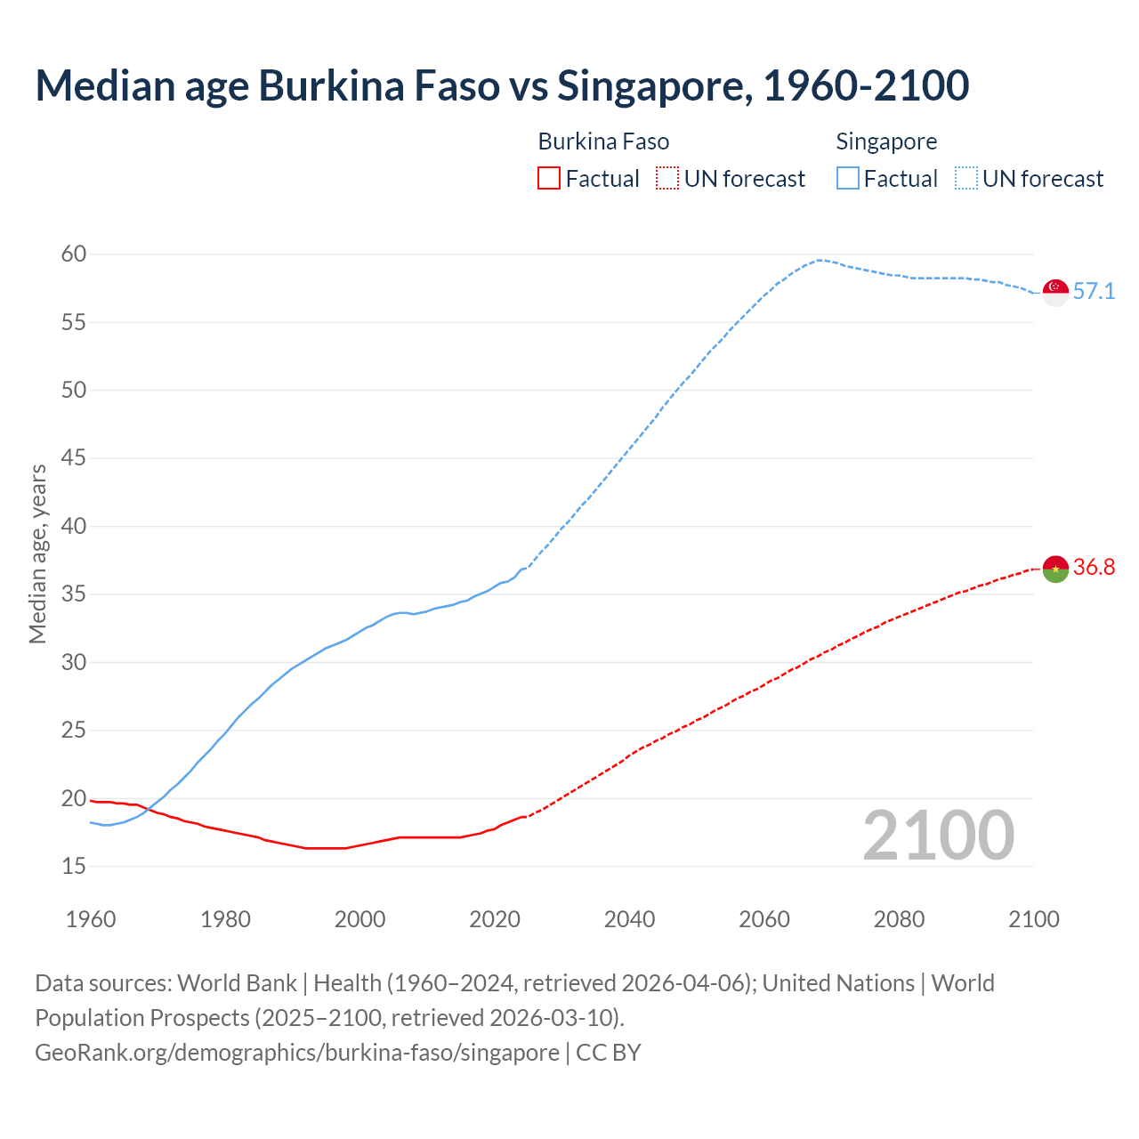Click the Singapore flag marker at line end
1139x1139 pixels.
coord(1055,292)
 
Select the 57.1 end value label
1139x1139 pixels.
coord(1094,292)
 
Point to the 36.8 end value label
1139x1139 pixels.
coord(1094,568)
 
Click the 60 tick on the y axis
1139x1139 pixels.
coord(74,254)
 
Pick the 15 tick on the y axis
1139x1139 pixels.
coord(74,866)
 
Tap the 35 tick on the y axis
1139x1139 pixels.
coord(74,594)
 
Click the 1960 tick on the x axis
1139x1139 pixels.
coord(91,919)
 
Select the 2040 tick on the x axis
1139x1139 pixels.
coord(629,919)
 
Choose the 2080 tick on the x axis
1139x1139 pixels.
coord(899,919)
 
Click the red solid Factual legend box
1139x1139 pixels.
coord(549,179)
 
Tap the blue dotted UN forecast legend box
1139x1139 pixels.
coord(966,179)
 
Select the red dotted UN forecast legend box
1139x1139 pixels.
coord(667,179)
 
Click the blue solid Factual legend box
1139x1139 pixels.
coord(848,179)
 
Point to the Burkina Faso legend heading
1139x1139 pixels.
coord(603,141)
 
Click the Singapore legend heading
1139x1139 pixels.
coord(886,141)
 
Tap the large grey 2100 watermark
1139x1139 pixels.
coord(938,836)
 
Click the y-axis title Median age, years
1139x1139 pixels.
coord(37,553)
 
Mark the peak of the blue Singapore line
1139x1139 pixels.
coord(819,260)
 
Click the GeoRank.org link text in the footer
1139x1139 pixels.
coord(297,1053)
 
